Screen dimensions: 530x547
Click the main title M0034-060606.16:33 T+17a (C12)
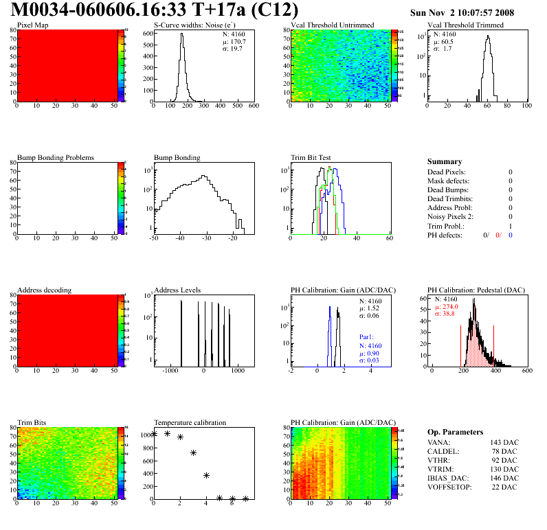[155, 10]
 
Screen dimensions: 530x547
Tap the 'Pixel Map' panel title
[33, 25]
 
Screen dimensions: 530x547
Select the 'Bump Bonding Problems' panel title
[55, 158]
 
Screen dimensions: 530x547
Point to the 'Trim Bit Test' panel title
[311, 158]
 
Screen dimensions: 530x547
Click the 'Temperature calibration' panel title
[190, 423]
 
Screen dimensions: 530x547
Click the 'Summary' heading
[445, 161]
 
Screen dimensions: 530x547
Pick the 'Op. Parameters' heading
[455, 432]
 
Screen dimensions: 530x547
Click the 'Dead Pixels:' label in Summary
[447, 172]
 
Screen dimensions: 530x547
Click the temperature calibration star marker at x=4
[206, 475]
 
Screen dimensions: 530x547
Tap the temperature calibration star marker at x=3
[193, 452]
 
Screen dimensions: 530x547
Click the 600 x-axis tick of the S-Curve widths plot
[253, 107]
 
